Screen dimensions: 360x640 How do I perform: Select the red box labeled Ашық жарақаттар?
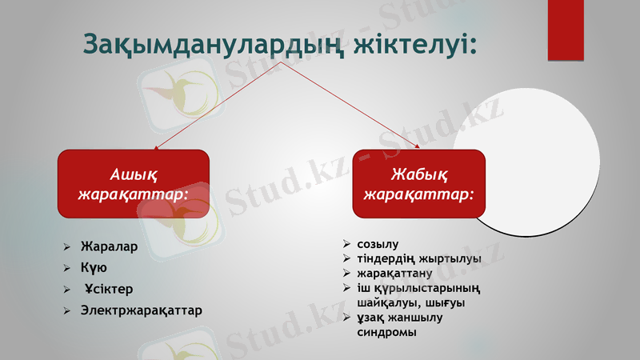pos(133,185)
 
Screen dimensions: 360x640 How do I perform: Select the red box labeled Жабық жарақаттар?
pos(418,185)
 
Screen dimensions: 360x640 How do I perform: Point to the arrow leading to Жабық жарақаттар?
pos(352,105)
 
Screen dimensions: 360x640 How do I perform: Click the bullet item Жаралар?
pos(109,246)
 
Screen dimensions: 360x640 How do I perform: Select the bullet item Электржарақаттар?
pos(142,309)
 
